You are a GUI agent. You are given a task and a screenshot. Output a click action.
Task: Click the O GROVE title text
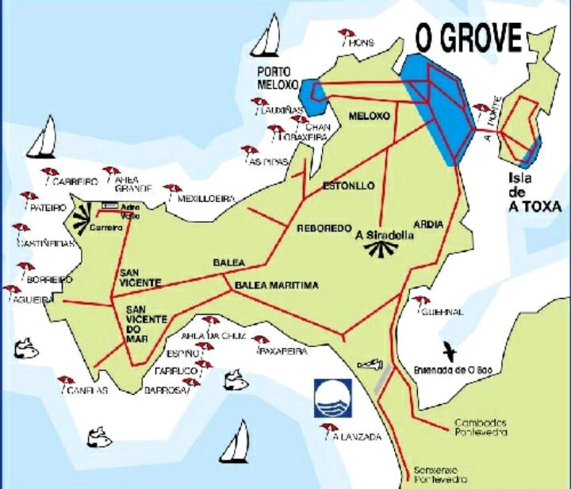[x=469, y=38]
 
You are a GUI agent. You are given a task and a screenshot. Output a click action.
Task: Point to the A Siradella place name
[x=384, y=235]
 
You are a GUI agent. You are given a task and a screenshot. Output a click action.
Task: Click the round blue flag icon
[x=331, y=398]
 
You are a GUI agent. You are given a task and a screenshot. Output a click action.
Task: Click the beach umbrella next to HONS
[x=346, y=36]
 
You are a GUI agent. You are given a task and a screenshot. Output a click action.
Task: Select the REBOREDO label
[x=324, y=228]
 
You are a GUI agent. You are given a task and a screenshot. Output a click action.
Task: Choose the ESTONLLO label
[x=348, y=186]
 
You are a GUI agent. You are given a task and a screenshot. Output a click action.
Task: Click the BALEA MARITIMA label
[x=276, y=285]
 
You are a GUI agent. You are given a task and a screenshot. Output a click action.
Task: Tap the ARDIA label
[x=428, y=224]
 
